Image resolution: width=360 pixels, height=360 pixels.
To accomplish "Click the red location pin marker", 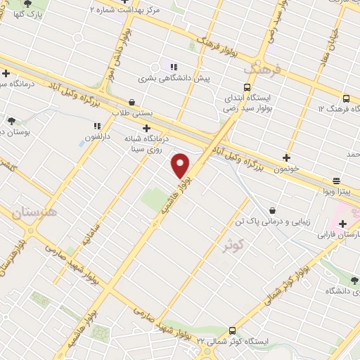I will pos(181,165).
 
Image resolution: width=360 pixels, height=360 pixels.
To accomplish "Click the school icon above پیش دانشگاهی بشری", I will pos(173,67).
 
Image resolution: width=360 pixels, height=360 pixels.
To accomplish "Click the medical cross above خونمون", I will pos(286,158).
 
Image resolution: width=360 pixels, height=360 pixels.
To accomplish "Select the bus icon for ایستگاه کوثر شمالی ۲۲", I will pos(233,329).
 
